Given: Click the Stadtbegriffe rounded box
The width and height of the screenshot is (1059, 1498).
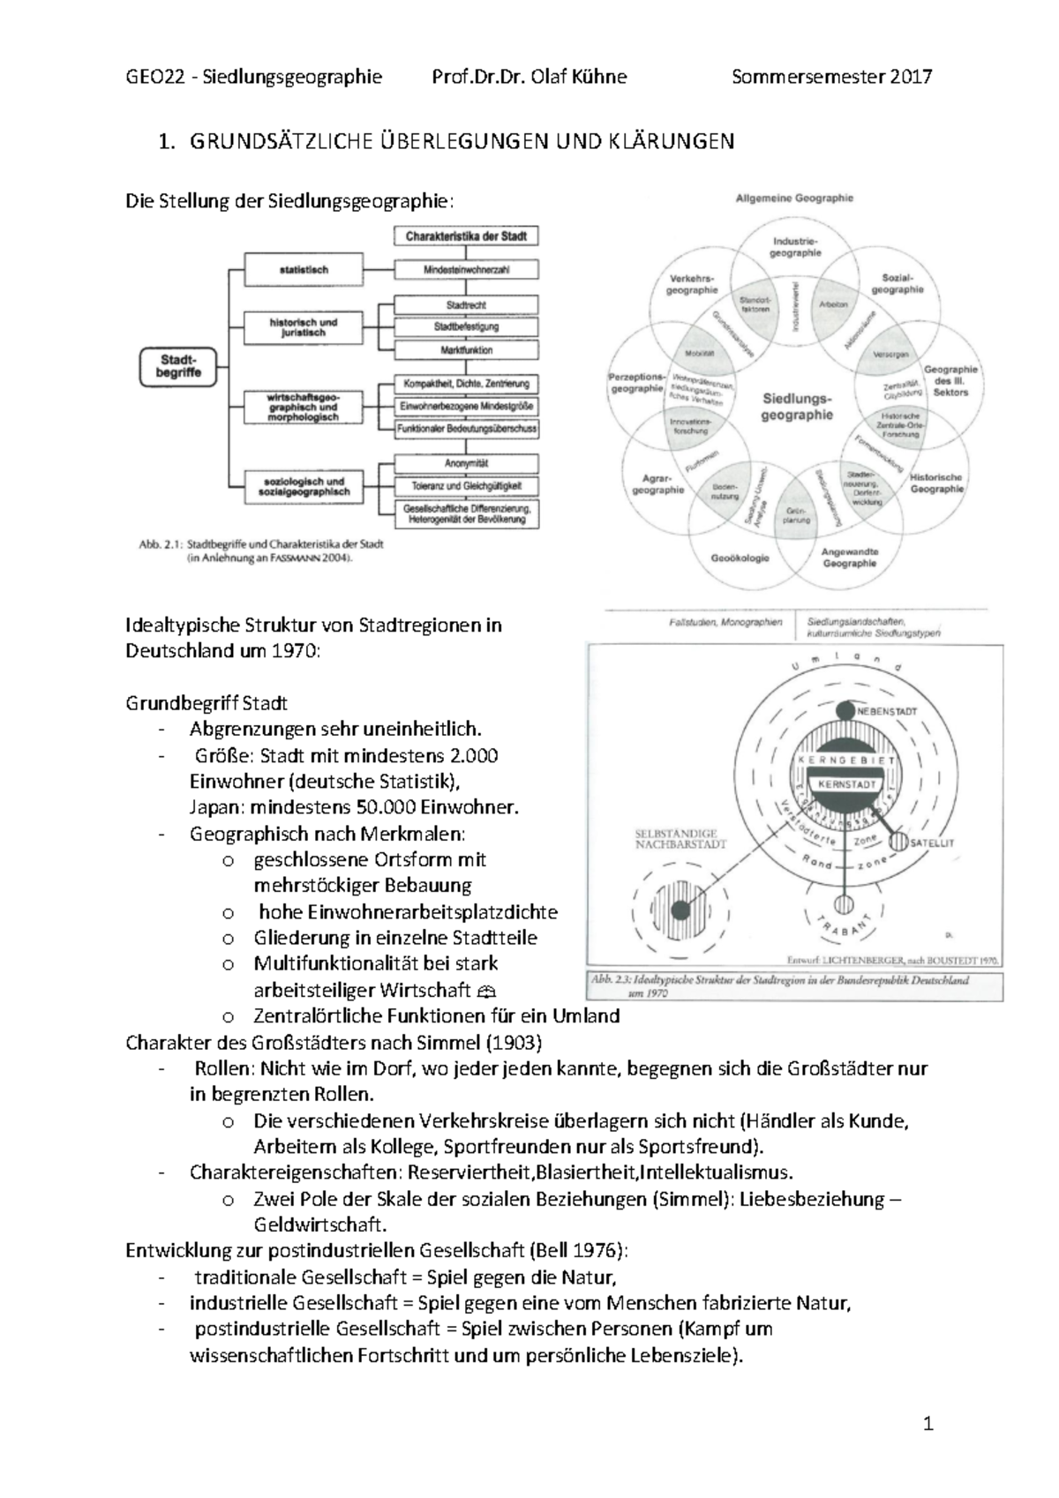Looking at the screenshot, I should tap(180, 366).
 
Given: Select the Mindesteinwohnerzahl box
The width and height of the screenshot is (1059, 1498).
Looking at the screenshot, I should tap(466, 270).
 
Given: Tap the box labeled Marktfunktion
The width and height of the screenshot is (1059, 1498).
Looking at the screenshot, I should tap(466, 350).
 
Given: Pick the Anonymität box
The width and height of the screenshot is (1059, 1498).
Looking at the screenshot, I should tap(466, 463).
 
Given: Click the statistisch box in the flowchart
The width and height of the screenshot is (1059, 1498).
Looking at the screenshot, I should tap(304, 270).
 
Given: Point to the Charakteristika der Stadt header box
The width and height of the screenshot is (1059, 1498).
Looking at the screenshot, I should tap(466, 236).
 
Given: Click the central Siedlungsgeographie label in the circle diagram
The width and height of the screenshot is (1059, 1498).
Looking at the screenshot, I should tap(796, 406).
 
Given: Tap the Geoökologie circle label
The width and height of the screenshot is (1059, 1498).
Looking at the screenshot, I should tap(740, 558).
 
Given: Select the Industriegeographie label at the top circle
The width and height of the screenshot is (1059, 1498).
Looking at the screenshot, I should tap(796, 246).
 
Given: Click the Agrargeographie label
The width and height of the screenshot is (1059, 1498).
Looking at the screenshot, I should tap(657, 483).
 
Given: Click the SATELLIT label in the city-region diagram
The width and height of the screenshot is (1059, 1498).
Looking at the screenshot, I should tap(932, 843).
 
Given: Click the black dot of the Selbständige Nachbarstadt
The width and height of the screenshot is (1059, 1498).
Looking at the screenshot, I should tap(680, 910).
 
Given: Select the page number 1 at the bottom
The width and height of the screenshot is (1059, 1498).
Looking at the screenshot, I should tap(928, 1423).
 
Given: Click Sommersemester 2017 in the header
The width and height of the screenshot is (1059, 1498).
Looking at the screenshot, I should tap(831, 77).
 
